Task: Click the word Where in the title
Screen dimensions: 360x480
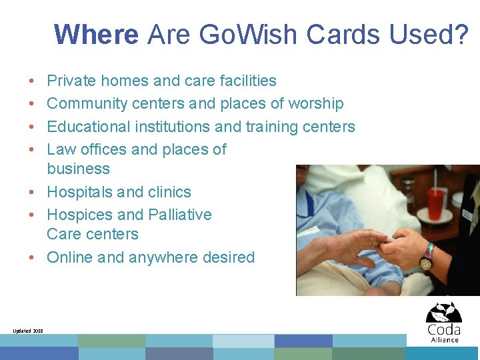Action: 97,34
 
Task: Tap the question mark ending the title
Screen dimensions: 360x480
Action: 461,34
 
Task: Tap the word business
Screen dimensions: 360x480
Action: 78,169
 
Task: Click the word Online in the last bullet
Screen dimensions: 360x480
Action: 70,257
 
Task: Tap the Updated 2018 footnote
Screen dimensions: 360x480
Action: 28,331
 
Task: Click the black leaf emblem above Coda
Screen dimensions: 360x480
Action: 443,312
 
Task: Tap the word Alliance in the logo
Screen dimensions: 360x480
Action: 444,339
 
